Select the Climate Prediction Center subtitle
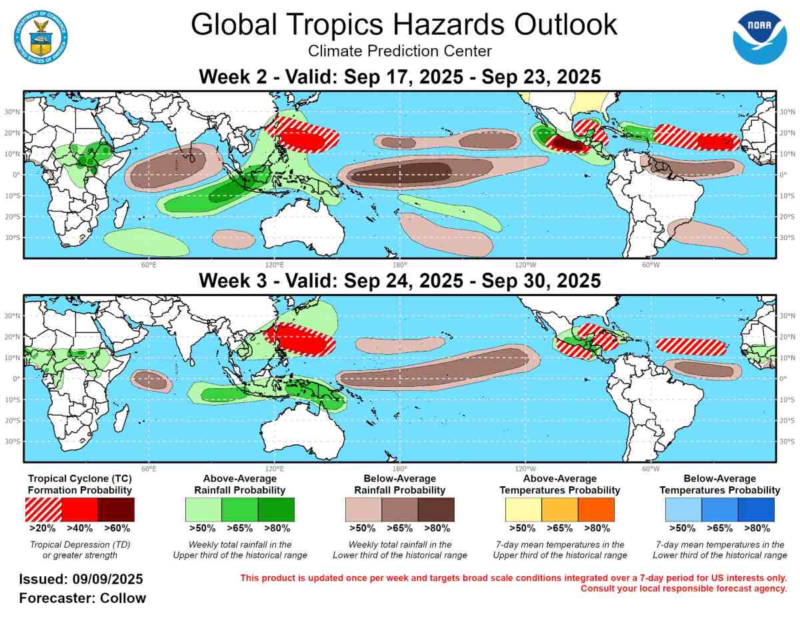[400, 51]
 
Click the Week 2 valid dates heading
[400, 77]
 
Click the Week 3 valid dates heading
[400, 281]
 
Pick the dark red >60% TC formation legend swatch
[116, 510]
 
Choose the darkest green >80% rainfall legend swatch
[276, 510]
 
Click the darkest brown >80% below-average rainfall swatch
[436, 510]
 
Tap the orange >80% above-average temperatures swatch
[596, 510]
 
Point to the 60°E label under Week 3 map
[148, 467]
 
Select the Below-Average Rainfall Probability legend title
[400, 484]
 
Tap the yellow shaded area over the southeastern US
[587, 102]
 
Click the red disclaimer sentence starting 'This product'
[513, 578]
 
